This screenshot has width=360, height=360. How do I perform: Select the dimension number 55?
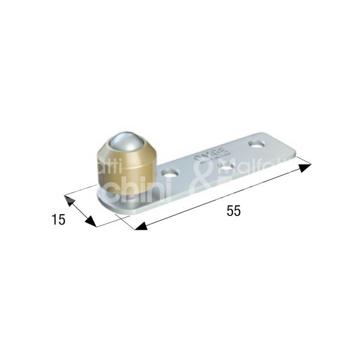click(234, 211)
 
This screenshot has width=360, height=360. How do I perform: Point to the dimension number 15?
click(58, 220)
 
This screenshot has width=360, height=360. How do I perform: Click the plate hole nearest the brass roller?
click(171, 173)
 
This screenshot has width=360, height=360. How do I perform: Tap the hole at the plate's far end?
click(257, 144)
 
